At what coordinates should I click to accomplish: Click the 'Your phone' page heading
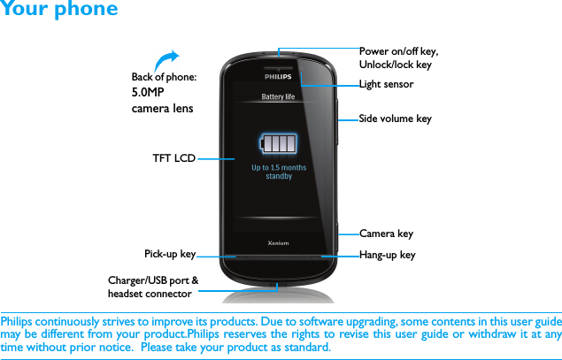pyautogui.click(x=58, y=10)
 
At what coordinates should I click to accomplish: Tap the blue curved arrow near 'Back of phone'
pyautogui.click(x=165, y=58)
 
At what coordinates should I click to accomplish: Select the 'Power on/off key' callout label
pyautogui.click(x=398, y=57)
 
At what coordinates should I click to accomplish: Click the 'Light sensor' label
pyautogui.click(x=386, y=85)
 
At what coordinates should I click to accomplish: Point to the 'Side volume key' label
pyautogui.click(x=395, y=119)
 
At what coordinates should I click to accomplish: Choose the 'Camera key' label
pyautogui.click(x=386, y=234)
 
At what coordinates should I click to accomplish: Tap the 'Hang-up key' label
pyautogui.click(x=387, y=255)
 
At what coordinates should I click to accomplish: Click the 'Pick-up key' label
pyautogui.click(x=170, y=254)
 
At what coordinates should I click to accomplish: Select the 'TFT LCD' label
pyautogui.click(x=173, y=158)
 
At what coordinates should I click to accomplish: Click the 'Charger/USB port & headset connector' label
pyautogui.click(x=153, y=287)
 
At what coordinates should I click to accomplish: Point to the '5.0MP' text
pyautogui.click(x=148, y=92)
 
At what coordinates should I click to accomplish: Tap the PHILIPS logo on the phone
pyautogui.click(x=278, y=78)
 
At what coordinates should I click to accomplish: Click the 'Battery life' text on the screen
pyautogui.click(x=278, y=97)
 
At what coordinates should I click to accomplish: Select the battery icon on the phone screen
pyautogui.click(x=279, y=143)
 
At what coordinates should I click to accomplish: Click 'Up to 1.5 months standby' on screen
pyautogui.click(x=279, y=172)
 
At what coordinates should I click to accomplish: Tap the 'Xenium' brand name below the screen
pyautogui.click(x=279, y=241)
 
